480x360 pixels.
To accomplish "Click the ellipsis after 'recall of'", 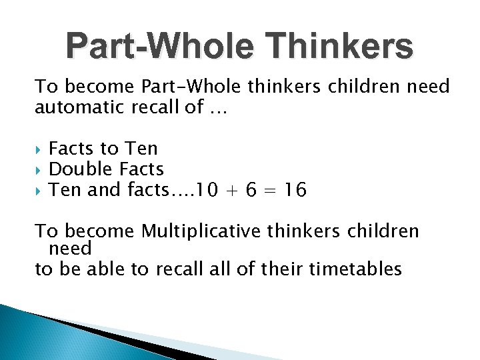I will tap(218, 108).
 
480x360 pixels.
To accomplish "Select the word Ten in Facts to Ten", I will tap(142, 148).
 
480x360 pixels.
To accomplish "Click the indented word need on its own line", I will tap(70, 249).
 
